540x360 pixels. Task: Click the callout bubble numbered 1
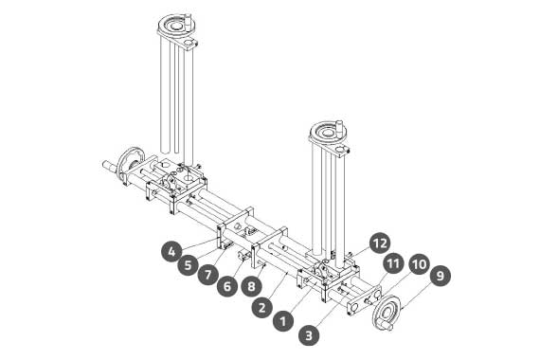click(282, 321)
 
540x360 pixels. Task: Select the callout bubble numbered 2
click(262, 307)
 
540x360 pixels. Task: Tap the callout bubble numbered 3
click(309, 334)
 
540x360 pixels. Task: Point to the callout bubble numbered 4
click(171, 251)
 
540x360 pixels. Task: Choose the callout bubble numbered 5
click(188, 265)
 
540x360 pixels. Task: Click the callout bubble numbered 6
click(227, 285)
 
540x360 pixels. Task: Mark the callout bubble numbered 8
click(252, 285)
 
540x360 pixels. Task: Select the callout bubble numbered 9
click(440, 276)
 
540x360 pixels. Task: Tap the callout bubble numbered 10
click(419, 264)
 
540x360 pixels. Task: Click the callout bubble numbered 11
click(392, 263)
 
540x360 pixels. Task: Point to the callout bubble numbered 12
click(380, 243)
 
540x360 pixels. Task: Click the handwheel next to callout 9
click(387, 314)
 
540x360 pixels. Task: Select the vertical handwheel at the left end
click(131, 165)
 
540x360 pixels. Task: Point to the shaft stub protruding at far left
click(110, 166)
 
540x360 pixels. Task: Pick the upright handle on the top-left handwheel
click(188, 22)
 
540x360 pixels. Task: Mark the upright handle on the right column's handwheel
click(339, 129)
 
